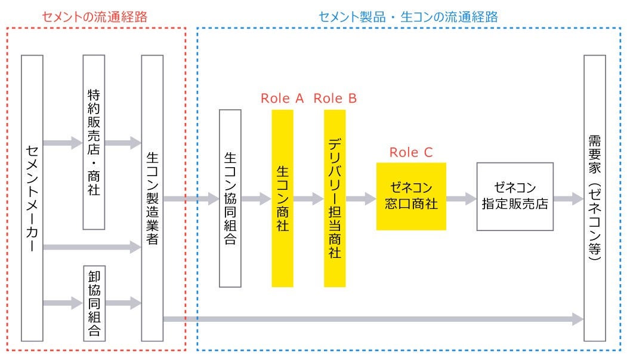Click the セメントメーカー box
[x=32, y=198]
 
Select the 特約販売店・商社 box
[x=94, y=142]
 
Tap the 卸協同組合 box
[x=94, y=303]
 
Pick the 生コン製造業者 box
[x=152, y=198]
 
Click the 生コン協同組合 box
[x=230, y=199]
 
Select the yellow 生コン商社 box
[x=282, y=199]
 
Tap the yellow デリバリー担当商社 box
[x=335, y=199]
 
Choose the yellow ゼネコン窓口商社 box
[x=411, y=196]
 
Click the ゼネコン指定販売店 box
[x=515, y=196]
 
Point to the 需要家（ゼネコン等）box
[x=594, y=198]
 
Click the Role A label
[x=282, y=99]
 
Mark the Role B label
[x=335, y=99]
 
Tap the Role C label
[x=411, y=152]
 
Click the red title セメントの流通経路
[x=94, y=17]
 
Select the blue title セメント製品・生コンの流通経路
[x=408, y=17]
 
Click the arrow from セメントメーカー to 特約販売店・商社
[x=63, y=143]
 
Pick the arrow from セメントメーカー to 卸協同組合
[x=63, y=303]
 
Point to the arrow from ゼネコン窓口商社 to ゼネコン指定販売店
[x=461, y=199]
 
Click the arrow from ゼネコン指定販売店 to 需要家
[x=568, y=199]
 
